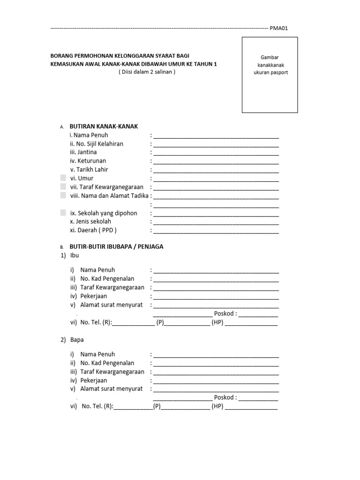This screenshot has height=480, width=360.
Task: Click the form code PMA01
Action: click(x=278, y=28)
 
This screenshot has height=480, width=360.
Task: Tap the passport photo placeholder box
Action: click(x=270, y=75)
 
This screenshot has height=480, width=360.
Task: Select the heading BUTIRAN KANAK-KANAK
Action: click(x=104, y=127)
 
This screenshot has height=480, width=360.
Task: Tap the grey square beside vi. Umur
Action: click(x=63, y=178)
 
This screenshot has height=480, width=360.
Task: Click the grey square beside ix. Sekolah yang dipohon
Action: click(x=63, y=213)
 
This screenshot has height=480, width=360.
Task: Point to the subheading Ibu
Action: click(x=75, y=255)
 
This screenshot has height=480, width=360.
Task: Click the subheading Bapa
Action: click(x=76, y=339)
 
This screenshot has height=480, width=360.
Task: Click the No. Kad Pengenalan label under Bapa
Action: click(x=107, y=363)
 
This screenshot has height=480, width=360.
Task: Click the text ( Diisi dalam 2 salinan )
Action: click(x=147, y=72)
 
